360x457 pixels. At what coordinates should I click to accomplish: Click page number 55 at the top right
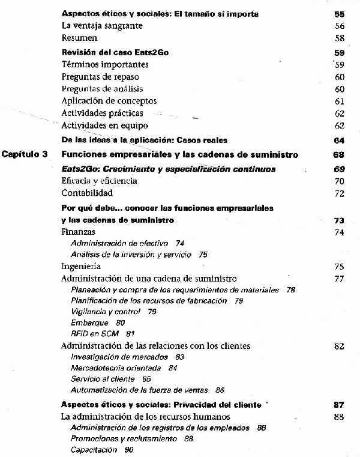tap(338, 13)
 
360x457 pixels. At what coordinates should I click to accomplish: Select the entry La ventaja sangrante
tap(102, 26)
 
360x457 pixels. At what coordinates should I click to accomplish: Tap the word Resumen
tap(80, 38)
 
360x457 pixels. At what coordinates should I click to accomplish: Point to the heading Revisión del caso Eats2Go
tap(115, 52)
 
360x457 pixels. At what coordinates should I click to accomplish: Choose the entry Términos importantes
tap(105, 64)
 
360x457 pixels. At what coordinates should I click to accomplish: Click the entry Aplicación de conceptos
tap(109, 101)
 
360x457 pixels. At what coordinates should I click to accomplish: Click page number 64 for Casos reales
tap(338, 141)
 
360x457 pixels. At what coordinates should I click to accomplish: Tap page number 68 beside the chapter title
tap(338, 155)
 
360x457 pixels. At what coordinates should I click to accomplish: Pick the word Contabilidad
tap(87, 193)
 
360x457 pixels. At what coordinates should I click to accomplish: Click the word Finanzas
tap(79, 232)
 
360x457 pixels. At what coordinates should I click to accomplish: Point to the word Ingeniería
tap(81, 266)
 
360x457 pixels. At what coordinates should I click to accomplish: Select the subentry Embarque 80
tap(94, 322)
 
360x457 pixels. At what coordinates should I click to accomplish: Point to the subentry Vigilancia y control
tap(105, 312)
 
